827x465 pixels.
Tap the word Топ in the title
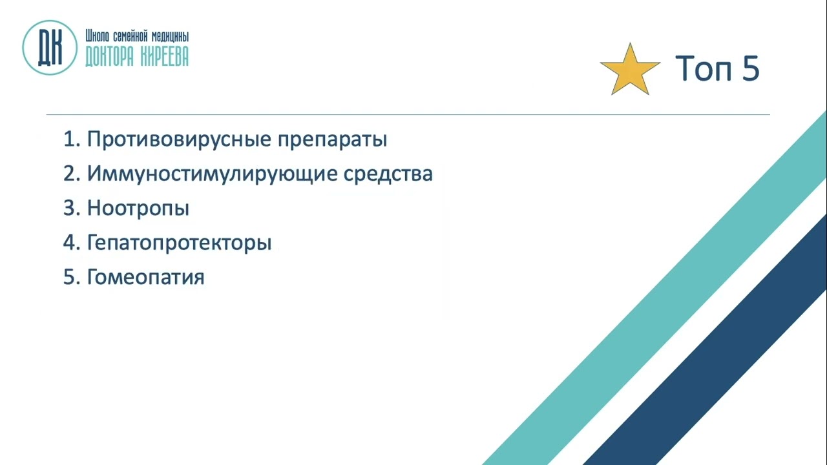click(703, 68)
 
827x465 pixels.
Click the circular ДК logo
click(50, 48)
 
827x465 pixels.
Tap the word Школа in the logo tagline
click(97, 36)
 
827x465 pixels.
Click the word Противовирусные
click(180, 139)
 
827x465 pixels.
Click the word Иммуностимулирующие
click(213, 174)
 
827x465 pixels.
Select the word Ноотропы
click(138, 208)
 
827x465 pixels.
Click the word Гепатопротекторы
click(180, 243)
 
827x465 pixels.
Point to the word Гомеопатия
click(145, 277)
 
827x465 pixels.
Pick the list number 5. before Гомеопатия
click(72, 277)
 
